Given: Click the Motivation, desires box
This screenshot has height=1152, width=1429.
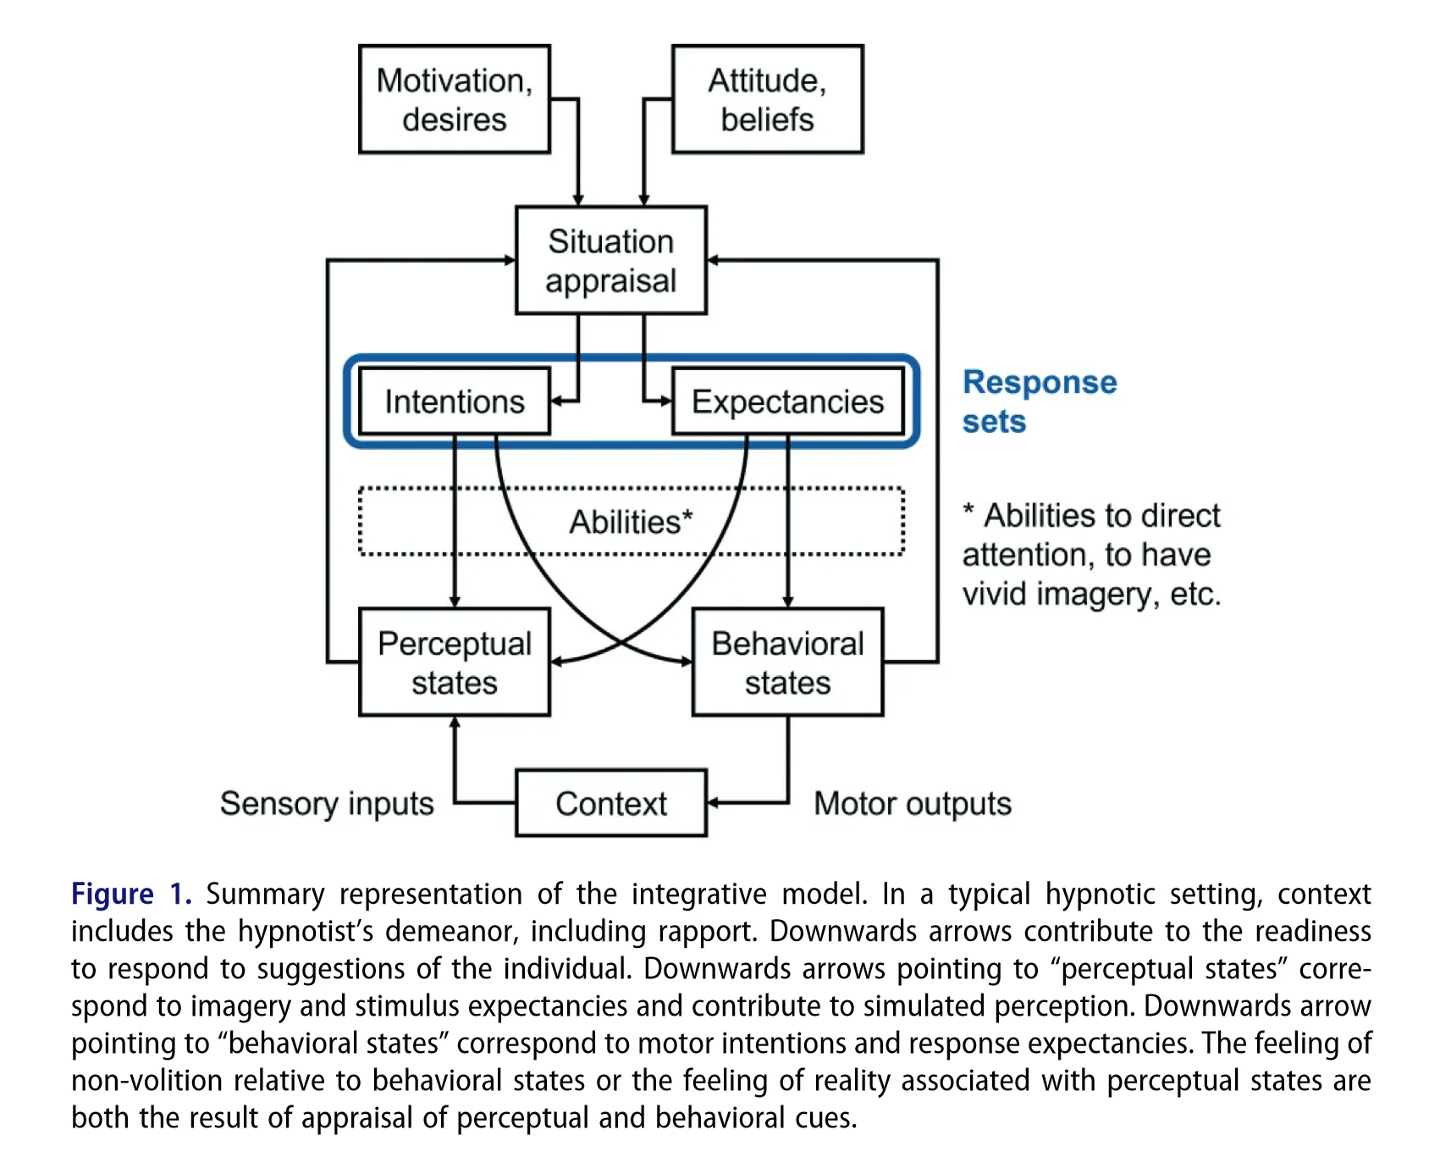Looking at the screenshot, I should (455, 99).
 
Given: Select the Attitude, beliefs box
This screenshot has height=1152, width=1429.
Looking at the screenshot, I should (767, 99).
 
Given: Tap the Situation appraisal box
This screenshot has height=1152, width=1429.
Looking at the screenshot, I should (610, 260).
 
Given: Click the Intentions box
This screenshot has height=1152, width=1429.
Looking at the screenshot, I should (455, 402).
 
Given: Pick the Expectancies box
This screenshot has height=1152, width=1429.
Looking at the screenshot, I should (787, 402).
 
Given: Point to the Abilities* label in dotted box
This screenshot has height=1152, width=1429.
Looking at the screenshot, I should (631, 522).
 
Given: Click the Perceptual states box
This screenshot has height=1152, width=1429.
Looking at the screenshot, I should (455, 662).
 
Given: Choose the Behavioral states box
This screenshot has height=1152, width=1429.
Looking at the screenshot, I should (787, 662).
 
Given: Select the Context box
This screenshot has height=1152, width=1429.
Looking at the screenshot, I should (610, 803).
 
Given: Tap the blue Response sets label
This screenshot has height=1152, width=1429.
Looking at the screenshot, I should (1039, 402).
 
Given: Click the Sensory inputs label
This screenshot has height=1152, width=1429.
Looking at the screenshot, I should (327, 803).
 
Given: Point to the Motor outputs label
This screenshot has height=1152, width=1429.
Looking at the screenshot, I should (912, 803).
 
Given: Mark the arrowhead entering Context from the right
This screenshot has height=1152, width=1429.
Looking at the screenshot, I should (712, 803).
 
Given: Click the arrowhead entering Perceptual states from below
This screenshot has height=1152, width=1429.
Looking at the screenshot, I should (455, 723).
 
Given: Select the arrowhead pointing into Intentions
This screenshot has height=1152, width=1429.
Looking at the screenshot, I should (556, 402).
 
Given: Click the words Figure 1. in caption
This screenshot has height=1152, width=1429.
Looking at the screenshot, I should (130, 894).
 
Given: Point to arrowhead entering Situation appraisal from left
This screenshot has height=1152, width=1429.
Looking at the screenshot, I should (510, 260).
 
